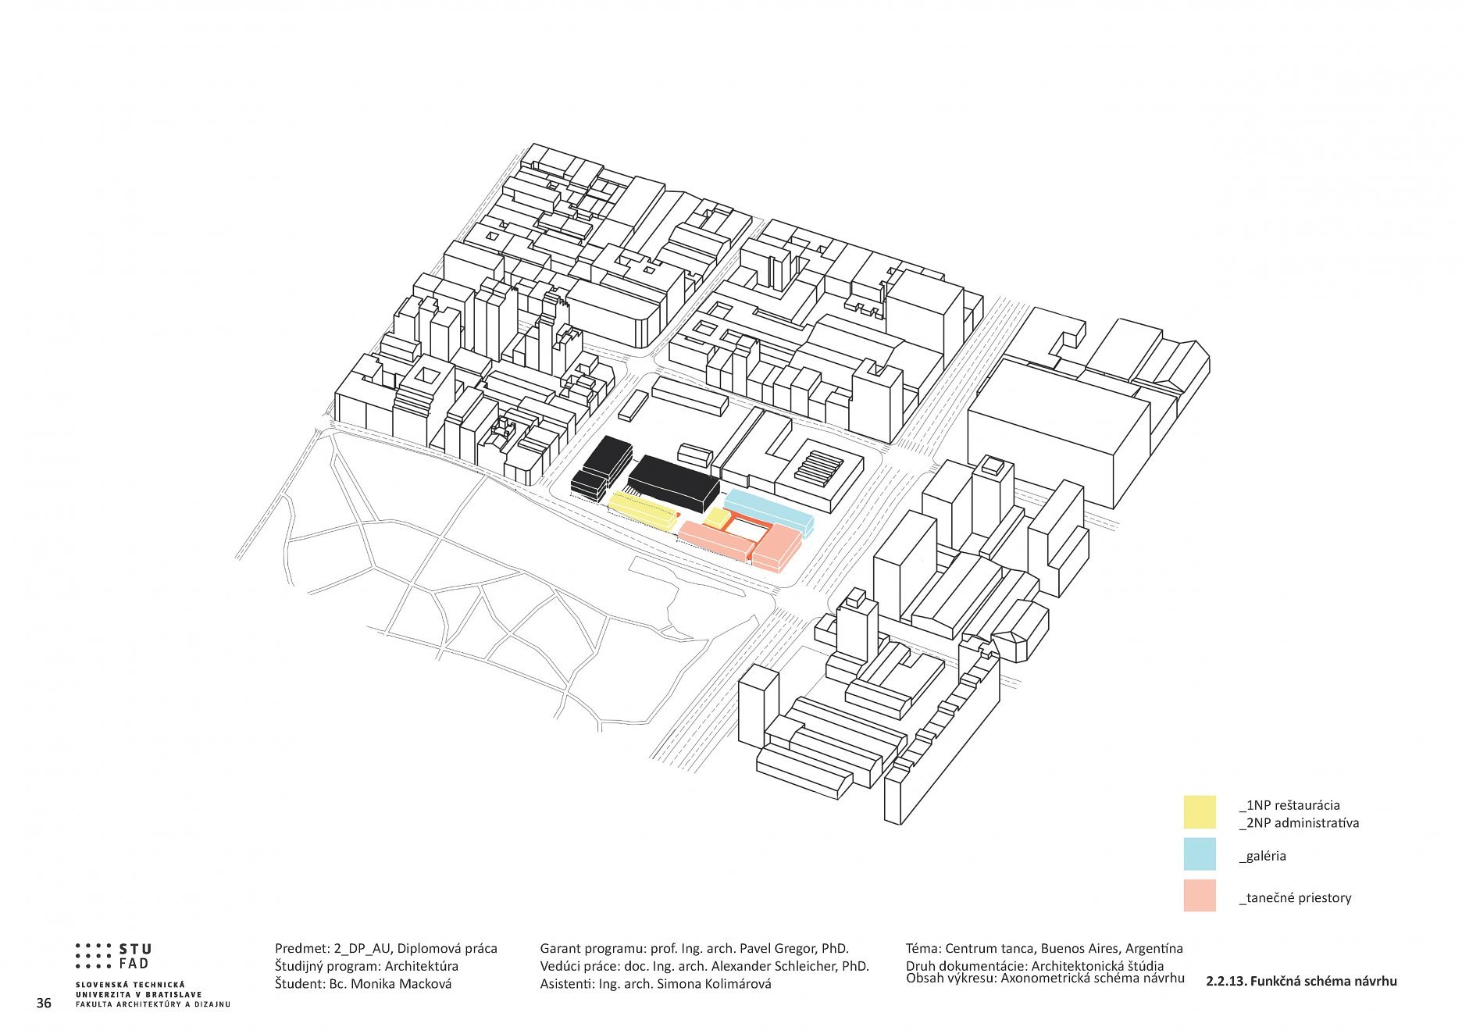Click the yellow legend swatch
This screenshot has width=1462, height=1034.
point(1200,811)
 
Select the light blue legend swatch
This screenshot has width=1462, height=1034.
point(1200,854)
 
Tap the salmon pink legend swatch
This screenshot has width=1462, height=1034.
point(1200,896)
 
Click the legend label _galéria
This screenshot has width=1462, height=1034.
point(1262,856)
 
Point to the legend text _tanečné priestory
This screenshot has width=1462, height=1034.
point(1295,898)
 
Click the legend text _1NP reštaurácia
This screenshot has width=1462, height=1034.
point(1289,805)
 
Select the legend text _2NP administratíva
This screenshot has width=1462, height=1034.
point(1299,823)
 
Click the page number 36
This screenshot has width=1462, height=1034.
point(44,1003)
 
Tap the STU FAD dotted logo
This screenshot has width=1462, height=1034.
point(113,957)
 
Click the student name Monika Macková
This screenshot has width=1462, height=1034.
point(401,984)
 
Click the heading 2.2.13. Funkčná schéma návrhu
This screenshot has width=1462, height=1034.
point(1301,982)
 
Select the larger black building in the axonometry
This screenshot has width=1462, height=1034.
point(673,479)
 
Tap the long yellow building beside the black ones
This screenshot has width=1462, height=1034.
point(642,512)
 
